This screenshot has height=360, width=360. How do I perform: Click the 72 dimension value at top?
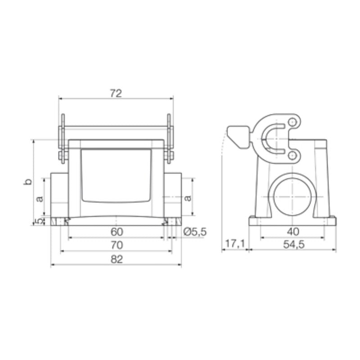click(116, 93)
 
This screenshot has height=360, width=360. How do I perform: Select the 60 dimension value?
click(117, 232)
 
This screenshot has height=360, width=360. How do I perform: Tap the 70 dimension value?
click(117, 246)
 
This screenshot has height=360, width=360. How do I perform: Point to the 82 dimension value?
click(117, 260)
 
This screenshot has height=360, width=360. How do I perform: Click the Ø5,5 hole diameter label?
click(195, 232)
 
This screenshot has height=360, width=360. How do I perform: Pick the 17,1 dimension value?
click(234, 244)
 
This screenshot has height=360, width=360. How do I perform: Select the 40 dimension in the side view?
click(292, 232)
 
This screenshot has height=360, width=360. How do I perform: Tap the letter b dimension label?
click(28, 182)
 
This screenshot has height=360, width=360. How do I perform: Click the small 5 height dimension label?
click(39, 221)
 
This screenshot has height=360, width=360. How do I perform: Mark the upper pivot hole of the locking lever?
click(293, 122)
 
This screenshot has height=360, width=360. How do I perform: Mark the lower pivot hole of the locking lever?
click(293, 155)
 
